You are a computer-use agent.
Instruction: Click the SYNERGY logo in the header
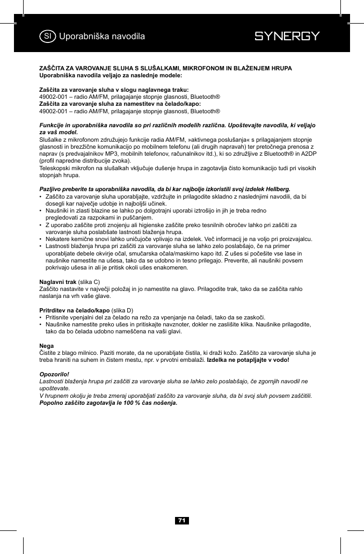(x=287, y=37)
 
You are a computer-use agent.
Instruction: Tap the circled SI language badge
(x=48, y=37)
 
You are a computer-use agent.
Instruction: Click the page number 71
(x=182, y=520)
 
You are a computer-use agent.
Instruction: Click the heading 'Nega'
(x=46, y=346)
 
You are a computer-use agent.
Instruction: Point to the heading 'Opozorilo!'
(x=55, y=374)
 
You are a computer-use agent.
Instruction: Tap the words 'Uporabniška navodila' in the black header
(x=102, y=37)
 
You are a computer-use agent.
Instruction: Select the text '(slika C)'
(x=89, y=282)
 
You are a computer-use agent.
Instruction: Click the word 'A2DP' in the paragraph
(x=307, y=154)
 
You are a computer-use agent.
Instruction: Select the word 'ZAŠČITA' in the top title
(x=52, y=69)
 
